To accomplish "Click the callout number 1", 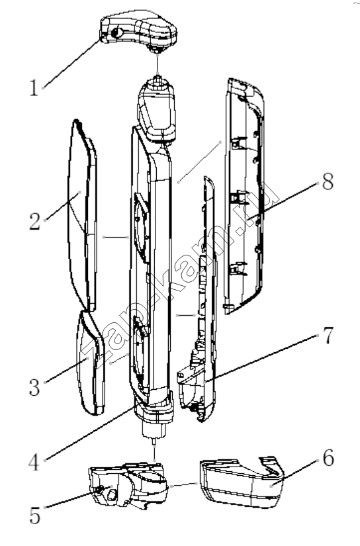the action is pos(34,87).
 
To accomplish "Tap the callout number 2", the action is pos(35,221).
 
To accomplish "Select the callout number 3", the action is pos(34,387).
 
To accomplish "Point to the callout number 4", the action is pos(34,463).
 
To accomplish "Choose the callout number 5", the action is pos(35,515).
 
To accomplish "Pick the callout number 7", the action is pos(328,336).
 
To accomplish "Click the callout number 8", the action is pos(328,181).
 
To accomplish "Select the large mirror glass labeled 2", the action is pos(82,215).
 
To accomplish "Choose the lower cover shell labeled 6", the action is pos(242,482).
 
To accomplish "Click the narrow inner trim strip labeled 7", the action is pos(199,299).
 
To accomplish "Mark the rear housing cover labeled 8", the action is pos(244,196).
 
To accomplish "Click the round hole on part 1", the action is pos(117,32).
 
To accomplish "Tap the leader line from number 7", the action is pos(261,358).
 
